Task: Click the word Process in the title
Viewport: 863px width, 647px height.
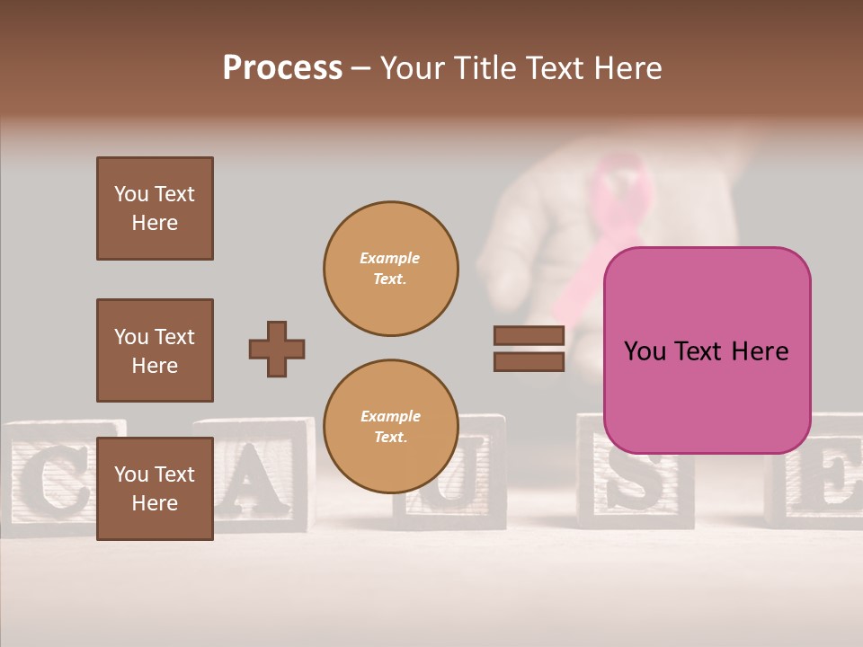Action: pos(282,68)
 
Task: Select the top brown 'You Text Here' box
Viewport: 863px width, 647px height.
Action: pos(155,208)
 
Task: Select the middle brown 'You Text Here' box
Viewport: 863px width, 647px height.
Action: pos(155,350)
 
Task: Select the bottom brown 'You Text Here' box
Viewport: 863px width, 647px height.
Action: pos(155,488)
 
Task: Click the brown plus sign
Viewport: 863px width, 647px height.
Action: pos(277,349)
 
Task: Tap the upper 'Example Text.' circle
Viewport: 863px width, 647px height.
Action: pos(391,268)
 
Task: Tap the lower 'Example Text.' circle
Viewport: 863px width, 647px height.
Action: pos(391,427)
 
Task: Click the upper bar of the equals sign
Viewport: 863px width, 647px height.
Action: pos(529,336)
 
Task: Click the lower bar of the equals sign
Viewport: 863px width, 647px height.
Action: pos(529,361)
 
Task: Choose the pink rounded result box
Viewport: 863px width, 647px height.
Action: pos(707,350)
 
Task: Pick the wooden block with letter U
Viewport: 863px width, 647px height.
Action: pos(467,476)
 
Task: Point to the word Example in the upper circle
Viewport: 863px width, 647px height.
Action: pos(389,258)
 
